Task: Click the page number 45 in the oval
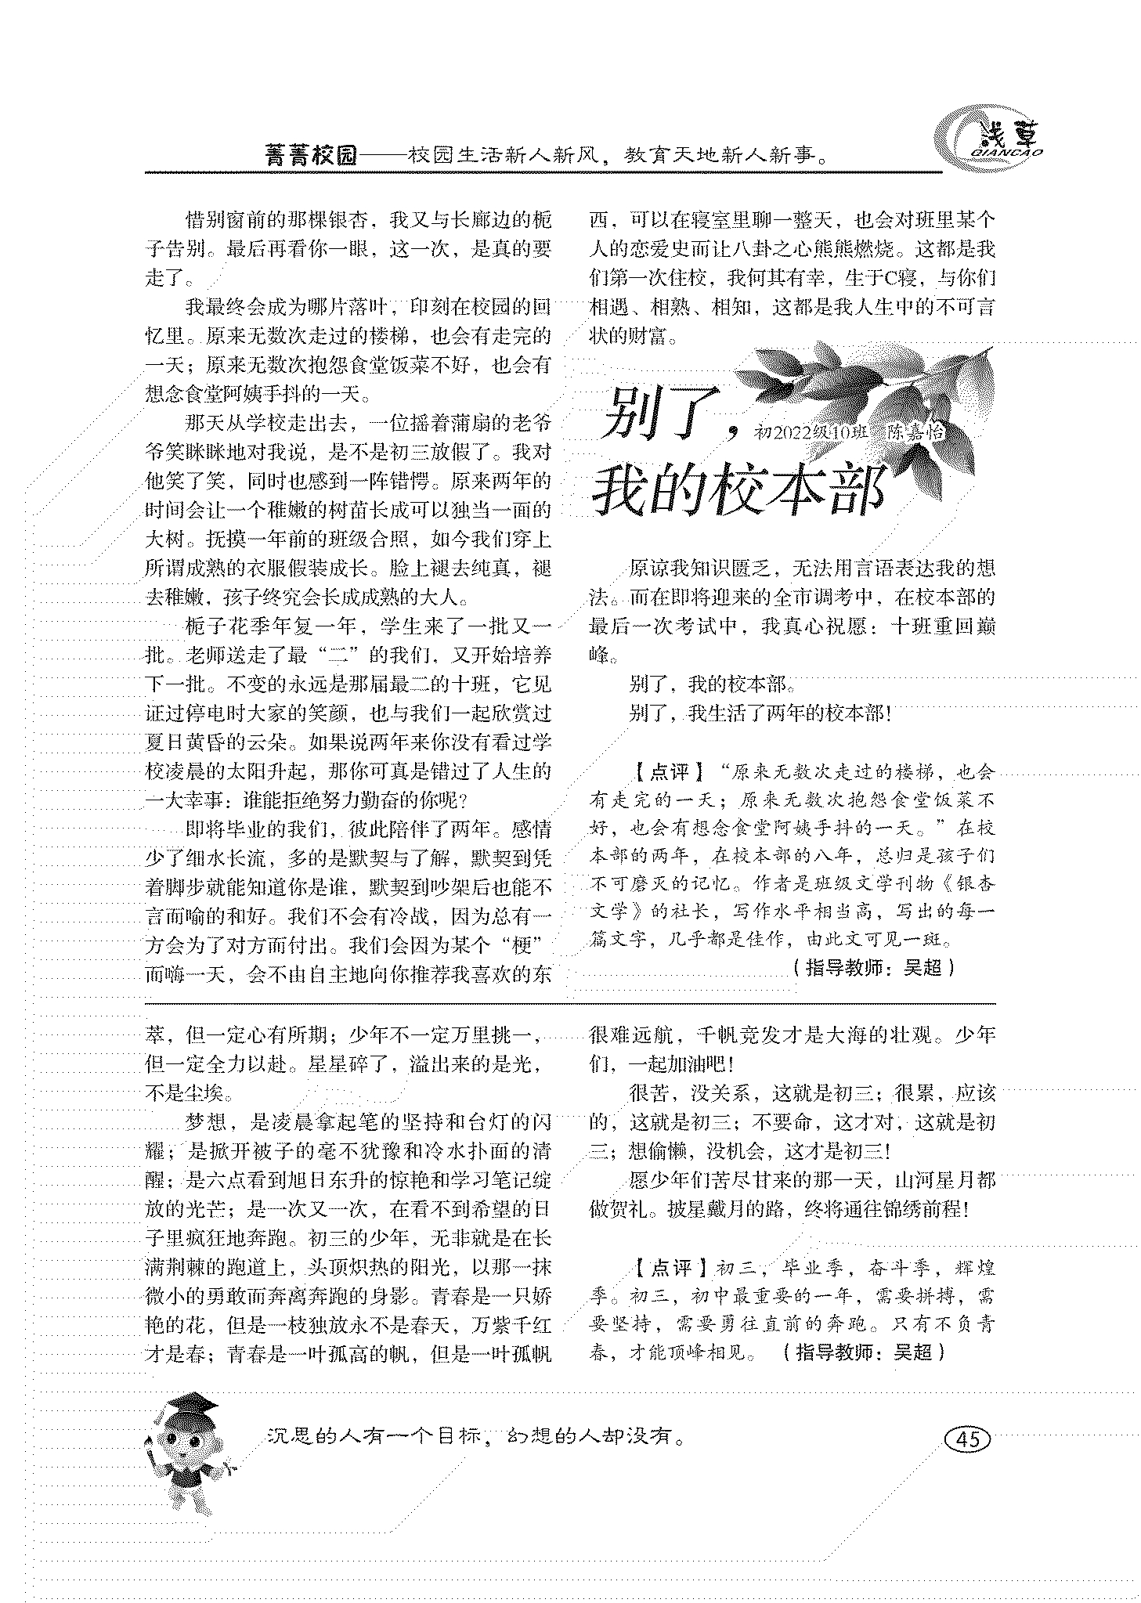point(967,1439)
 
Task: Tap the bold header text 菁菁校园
point(311,156)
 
